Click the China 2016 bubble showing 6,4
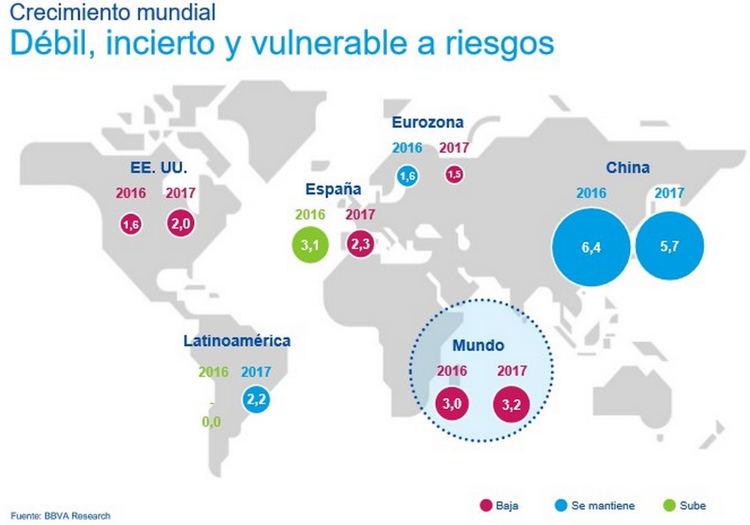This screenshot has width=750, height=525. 591,248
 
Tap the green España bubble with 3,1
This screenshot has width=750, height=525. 311,246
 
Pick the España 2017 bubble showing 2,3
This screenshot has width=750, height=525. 361,245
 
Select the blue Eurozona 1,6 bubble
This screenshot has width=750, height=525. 407,177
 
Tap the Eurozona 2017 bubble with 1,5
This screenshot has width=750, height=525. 454,175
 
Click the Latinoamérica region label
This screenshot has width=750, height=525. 237,341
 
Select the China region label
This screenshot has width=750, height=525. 628,168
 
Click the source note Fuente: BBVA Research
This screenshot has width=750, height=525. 60,516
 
